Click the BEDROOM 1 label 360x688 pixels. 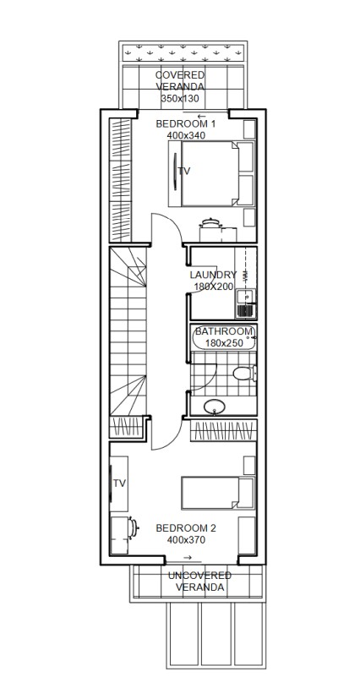[x=185, y=123]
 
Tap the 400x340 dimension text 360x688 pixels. [x=186, y=135]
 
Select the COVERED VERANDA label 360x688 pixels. [x=180, y=81]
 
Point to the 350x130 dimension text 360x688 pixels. [x=180, y=99]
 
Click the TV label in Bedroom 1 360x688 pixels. [x=184, y=171]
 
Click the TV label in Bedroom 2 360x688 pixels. [x=120, y=483]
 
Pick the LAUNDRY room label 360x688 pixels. [x=213, y=275]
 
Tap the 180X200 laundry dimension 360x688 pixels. [x=214, y=287]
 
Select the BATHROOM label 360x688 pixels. [x=224, y=331]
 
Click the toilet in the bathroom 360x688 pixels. [x=245, y=374]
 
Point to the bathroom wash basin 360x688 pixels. [x=215, y=407]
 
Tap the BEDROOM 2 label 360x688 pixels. [x=186, y=528]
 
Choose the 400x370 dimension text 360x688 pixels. [x=186, y=540]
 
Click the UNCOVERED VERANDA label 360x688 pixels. [x=199, y=582]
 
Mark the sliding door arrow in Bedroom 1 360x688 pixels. [x=202, y=117]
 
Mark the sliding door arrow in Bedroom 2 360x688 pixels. [x=188, y=558]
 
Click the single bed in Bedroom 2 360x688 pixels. [x=218, y=494]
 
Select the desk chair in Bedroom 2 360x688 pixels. [x=132, y=527]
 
